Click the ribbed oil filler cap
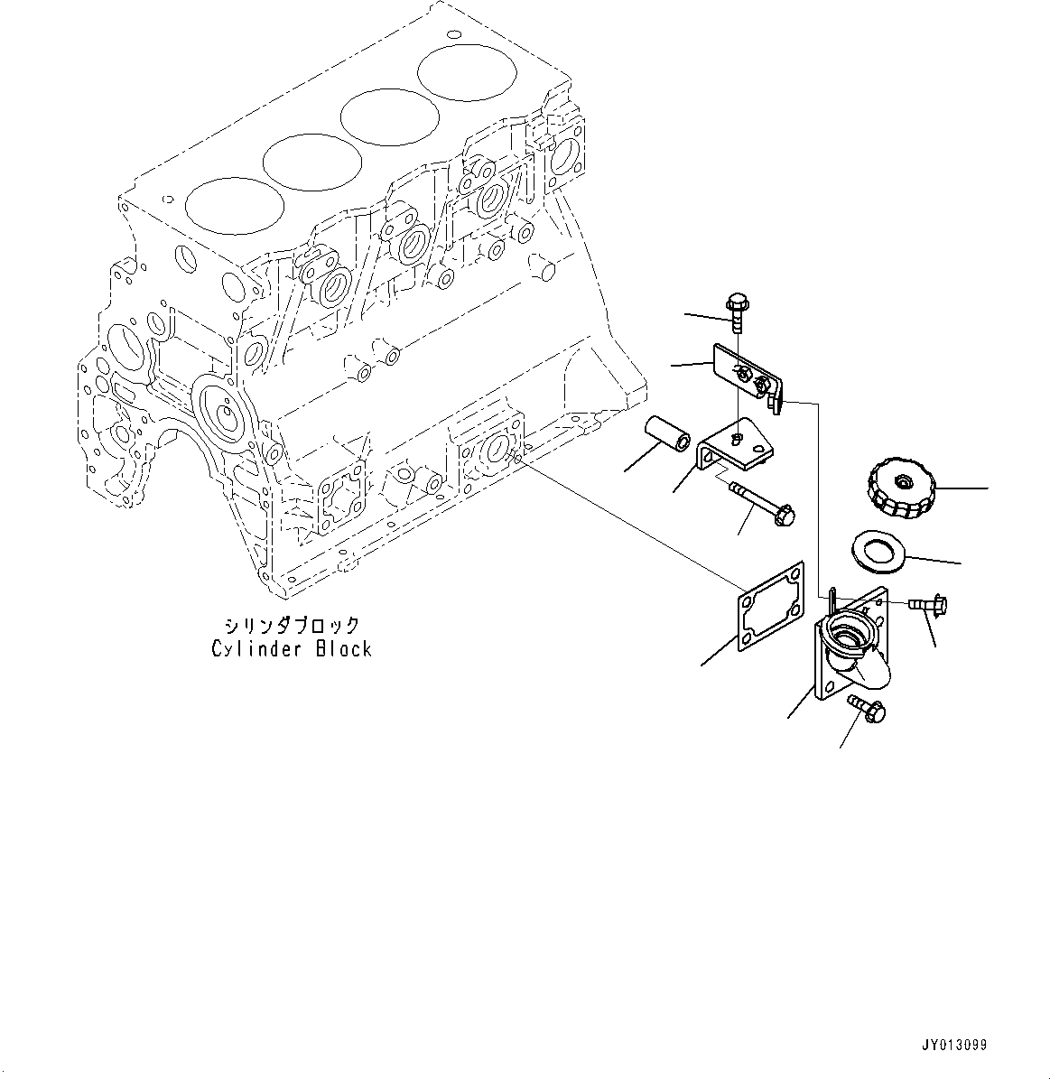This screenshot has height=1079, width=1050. [x=903, y=488]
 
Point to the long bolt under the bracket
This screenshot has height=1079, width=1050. [x=760, y=502]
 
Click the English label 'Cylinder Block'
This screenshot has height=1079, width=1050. [x=292, y=648]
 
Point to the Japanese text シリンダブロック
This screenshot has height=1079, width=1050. [x=292, y=625]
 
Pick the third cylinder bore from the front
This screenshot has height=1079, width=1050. [x=387, y=116]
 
